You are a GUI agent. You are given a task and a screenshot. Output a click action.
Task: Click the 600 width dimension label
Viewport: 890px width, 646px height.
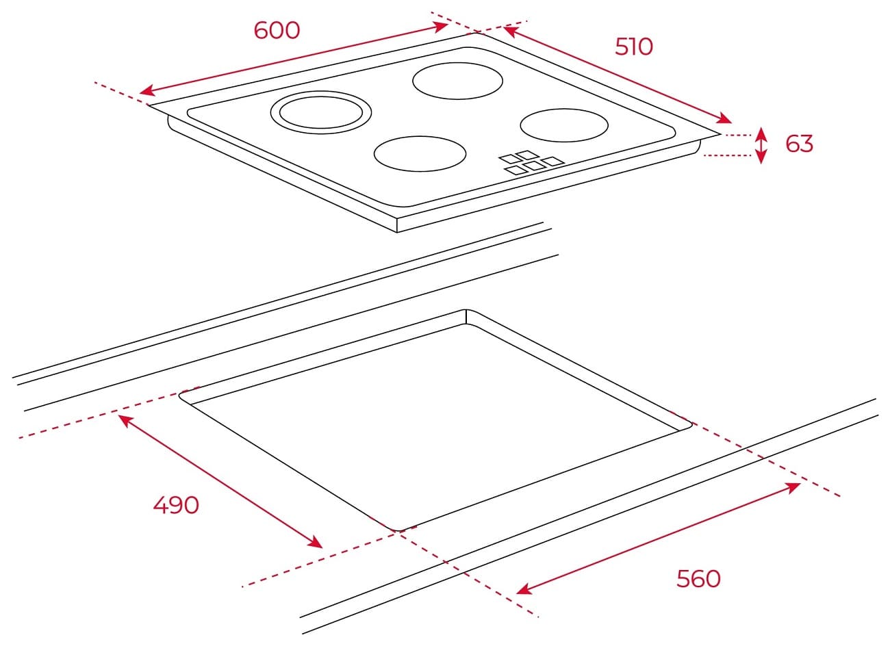pyautogui.click(x=277, y=31)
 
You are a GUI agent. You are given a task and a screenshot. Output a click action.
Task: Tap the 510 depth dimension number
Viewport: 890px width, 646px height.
pyautogui.click(x=634, y=47)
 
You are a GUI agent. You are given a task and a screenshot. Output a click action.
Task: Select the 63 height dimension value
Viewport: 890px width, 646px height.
pyautogui.click(x=800, y=144)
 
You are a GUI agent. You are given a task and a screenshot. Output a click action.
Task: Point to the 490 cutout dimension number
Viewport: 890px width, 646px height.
pyautogui.click(x=176, y=505)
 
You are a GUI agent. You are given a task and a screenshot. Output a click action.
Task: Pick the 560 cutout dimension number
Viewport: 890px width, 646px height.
pyautogui.click(x=698, y=578)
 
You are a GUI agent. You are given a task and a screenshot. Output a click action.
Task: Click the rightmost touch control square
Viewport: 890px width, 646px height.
pyautogui.click(x=554, y=161)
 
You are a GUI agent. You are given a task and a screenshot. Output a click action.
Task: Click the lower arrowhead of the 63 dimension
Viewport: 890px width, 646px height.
pyautogui.click(x=761, y=158)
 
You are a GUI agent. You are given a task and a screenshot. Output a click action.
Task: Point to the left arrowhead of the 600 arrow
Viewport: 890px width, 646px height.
pyautogui.click(x=147, y=91)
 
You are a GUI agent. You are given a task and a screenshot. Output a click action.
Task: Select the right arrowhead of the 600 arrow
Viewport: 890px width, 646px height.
pyautogui.click(x=441, y=27)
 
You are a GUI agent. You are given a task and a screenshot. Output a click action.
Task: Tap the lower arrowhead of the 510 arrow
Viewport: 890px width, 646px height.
pyautogui.click(x=724, y=118)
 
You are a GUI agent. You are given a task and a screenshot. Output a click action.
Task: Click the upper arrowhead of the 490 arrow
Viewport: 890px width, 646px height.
pyautogui.click(x=125, y=420)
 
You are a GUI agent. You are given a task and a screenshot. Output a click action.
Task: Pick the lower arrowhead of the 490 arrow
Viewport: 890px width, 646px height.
pyautogui.click(x=316, y=542)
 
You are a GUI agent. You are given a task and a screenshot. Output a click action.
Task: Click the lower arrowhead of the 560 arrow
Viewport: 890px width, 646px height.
pyautogui.click(x=524, y=589)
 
